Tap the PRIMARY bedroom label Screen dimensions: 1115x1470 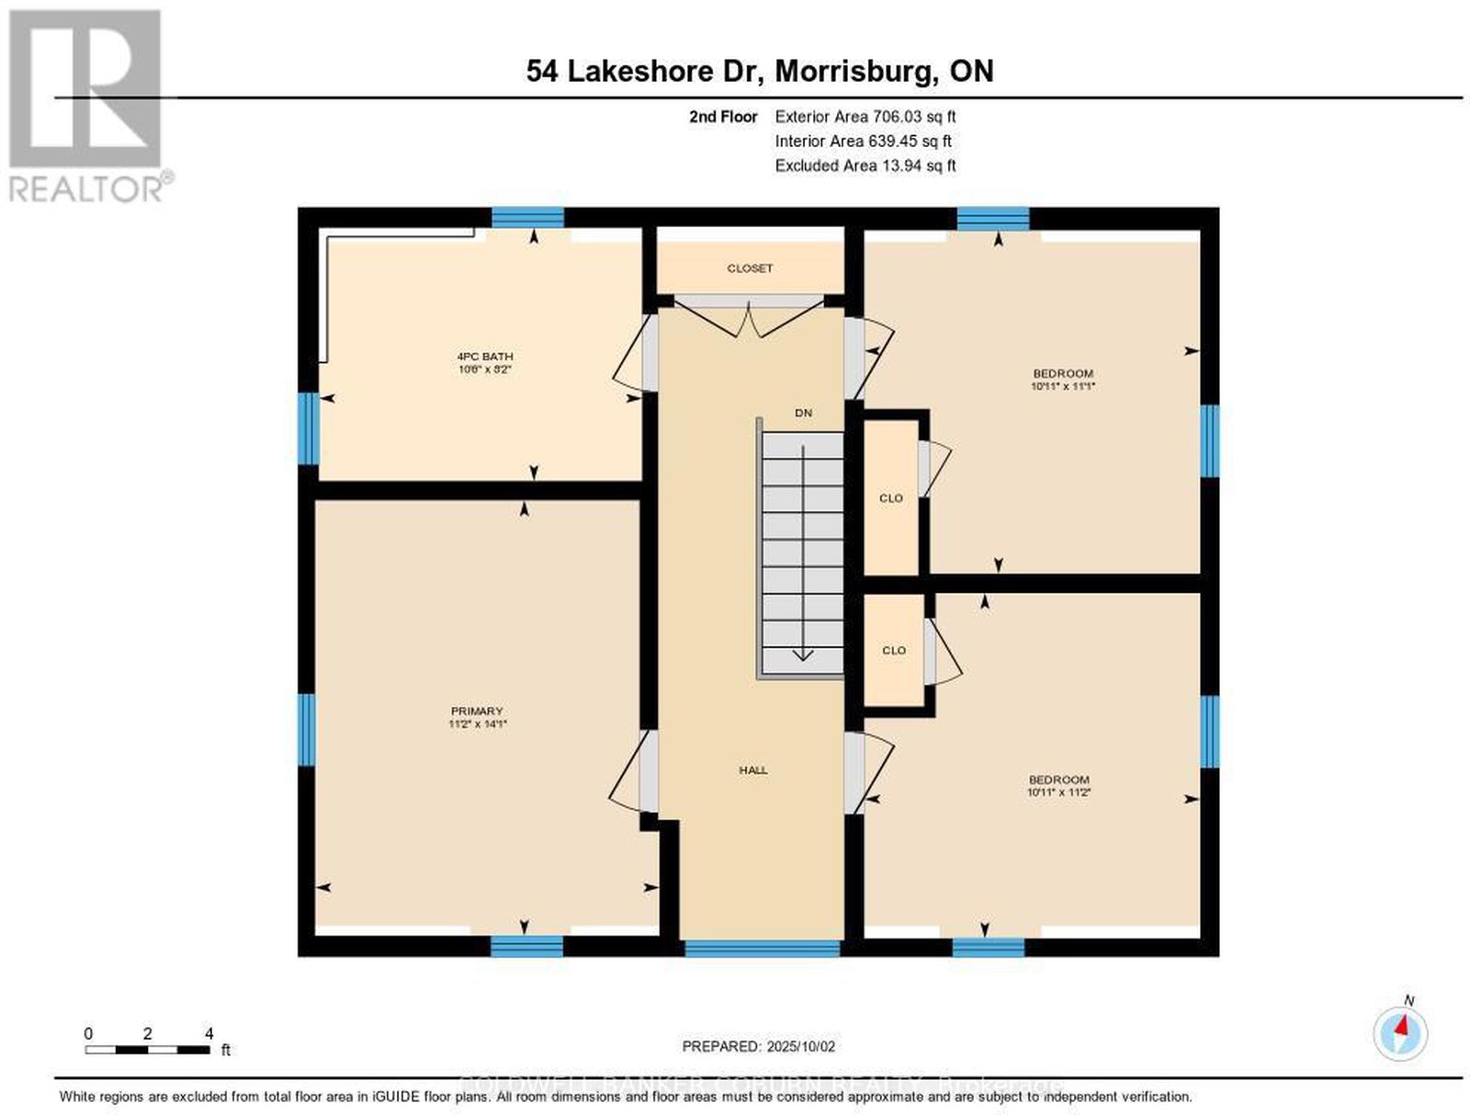click(x=477, y=711)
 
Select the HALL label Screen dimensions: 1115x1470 click(x=753, y=770)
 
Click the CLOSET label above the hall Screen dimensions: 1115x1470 click(x=750, y=268)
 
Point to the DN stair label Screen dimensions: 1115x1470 click(x=804, y=414)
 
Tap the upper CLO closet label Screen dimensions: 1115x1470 click(x=891, y=498)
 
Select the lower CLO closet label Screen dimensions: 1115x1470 click(x=894, y=651)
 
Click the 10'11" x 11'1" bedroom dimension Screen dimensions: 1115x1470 click(x=1063, y=387)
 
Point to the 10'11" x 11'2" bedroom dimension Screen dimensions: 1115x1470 click(x=1058, y=792)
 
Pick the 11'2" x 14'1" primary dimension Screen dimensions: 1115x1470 click(x=477, y=724)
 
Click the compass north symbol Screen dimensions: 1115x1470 click(x=1400, y=1033)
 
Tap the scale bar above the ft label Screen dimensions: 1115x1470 click(x=147, y=1049)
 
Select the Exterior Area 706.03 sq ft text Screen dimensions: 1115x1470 click(x=865, y=117)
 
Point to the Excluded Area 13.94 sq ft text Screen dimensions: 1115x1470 click(x=865, y=165)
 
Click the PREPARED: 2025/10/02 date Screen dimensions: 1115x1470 click(x=758, y=1046)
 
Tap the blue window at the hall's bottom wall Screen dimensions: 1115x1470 click(x=763, y=948)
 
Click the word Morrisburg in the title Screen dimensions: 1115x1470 click(x=850, y=72)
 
